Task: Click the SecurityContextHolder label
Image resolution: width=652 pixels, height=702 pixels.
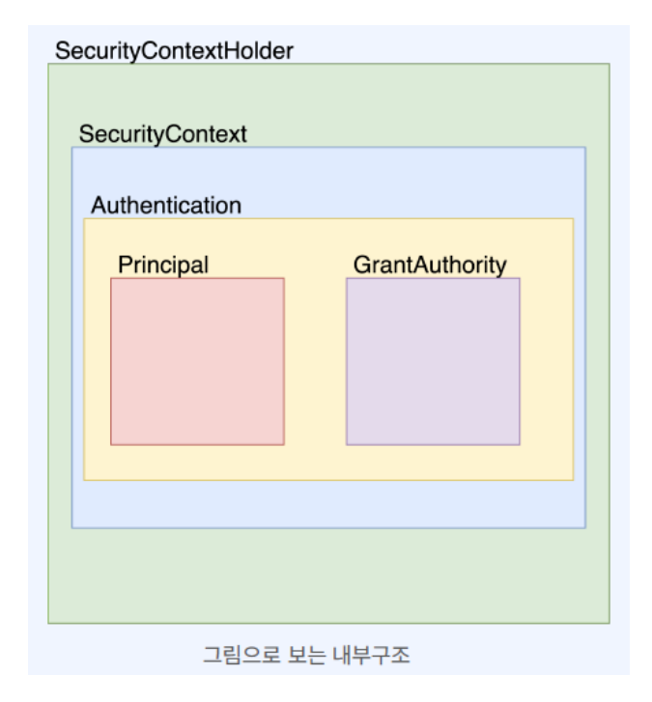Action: click(x=174, y=51)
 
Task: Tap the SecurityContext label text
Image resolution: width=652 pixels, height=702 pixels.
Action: click(x=162, y=134)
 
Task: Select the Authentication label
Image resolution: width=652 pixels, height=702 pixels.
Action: click(x=166, y=206)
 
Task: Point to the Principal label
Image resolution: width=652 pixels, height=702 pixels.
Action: click(x=163, y=265)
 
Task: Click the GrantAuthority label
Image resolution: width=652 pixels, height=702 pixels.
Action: click(x=430, y=265)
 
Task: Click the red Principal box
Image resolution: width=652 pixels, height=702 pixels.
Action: click(x=197, y=361)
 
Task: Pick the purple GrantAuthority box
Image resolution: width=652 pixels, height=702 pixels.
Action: click(x=433, y=361)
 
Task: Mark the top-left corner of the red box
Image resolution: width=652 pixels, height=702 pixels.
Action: click(x=111, y=278)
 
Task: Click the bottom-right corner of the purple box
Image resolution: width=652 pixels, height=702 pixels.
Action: click(x=520, y=444)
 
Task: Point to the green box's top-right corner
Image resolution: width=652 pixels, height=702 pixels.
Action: click(x=609, y=64)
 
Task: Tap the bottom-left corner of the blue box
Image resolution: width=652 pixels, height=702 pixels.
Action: click(x=71, y=528)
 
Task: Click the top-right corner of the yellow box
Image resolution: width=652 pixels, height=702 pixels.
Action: click(x=573, y=218)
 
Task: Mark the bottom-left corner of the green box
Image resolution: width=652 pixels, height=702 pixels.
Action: click(x=48, y=623)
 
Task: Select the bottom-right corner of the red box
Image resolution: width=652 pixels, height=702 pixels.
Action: click(x=284, y=444)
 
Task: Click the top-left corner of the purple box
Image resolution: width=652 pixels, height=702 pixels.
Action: click(x=347, y=278)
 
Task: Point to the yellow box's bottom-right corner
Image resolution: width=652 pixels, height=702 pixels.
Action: click(x=573, y=480)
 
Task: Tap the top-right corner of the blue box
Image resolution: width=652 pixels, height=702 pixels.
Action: click(x=585, y=147)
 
